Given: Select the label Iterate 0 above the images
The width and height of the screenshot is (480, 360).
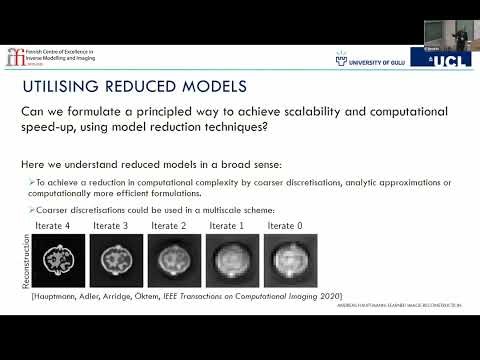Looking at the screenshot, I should (x=287, y=226).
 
